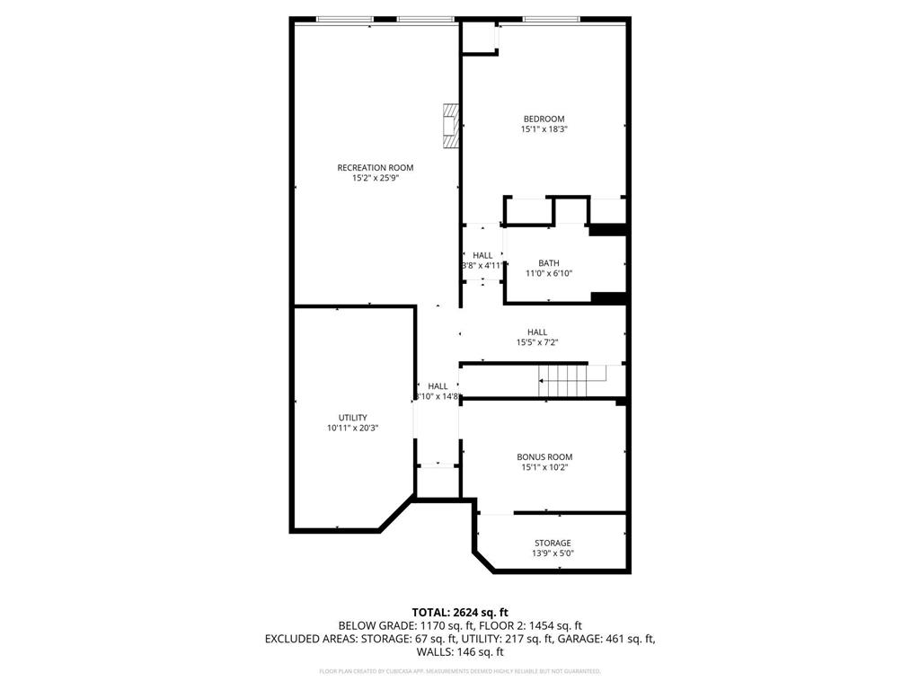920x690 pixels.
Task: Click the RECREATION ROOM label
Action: click(375, 167)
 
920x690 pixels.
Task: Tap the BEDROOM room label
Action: click(544, 119)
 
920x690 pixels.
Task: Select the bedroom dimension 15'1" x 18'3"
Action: click(544, 129)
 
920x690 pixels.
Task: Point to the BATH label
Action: click(548, 262)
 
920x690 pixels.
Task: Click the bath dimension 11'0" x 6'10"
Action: click(548, 273)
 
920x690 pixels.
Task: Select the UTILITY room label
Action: click(352, 418)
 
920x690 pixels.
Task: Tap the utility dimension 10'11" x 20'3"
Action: click(352, 429)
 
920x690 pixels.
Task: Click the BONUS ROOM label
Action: click(544, 456)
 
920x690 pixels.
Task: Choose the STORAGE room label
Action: click(553, 543)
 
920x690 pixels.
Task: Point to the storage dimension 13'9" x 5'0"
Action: click(553, 553)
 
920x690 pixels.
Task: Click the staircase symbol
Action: click(562, 381)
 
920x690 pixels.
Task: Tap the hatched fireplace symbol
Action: click(450, 125)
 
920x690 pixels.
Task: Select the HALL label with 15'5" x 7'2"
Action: click(537, 332)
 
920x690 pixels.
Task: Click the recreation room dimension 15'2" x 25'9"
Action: click(375, 178)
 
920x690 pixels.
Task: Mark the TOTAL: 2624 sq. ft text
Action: click(459, 612)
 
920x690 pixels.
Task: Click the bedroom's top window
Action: click(551, 19)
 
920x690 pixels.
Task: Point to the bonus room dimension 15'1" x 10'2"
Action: click(544, 467)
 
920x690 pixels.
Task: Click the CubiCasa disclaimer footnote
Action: click(459, 671)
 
